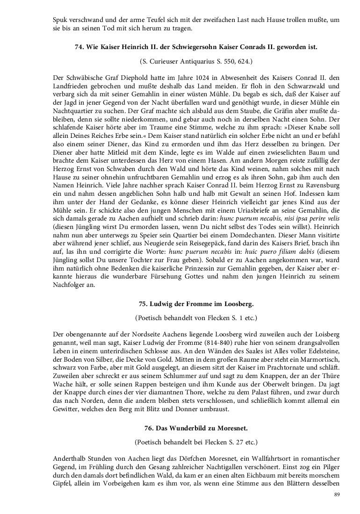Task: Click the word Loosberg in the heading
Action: click(237, 304)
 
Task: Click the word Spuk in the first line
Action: click(60, 21)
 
